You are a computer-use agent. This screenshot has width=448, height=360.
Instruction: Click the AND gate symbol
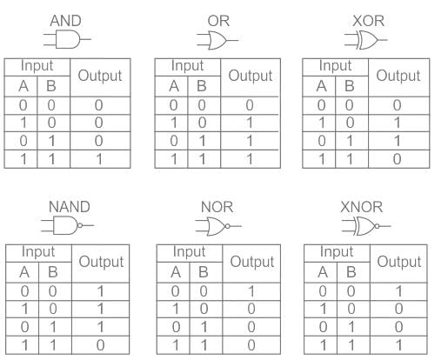coord(67,39)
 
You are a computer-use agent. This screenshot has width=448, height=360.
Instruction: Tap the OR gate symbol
coord(217,40)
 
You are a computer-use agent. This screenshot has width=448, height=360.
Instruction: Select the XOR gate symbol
coord(366,40)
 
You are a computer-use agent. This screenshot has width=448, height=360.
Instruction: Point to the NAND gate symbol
coord(67,225)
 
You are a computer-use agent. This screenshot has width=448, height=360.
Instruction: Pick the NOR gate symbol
coord(218,226)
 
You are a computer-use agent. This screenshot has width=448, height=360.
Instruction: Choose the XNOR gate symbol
coord(366,226)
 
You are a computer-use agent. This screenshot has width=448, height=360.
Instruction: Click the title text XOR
coord(369,21)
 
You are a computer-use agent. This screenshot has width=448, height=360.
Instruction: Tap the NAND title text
coord(70,207)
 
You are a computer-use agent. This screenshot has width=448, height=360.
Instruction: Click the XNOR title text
coord(361,207)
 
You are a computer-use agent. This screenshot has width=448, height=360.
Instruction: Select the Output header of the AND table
coord(100,76)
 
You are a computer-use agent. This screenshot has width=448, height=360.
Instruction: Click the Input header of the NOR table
coord(189,251)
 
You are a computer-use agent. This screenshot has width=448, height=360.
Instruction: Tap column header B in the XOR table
coord(349,86)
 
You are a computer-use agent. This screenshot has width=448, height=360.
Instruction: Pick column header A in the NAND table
coord(24,272)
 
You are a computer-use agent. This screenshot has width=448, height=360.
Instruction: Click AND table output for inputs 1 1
coord(99,159)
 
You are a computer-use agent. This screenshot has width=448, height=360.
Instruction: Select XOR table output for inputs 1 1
coord(397,159)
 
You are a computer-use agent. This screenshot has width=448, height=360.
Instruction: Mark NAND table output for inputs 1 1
coord(100,345)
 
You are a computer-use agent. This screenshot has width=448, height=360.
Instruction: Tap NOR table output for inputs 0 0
coord(251,291)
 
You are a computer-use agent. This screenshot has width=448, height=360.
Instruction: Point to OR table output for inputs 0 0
coord(250,105)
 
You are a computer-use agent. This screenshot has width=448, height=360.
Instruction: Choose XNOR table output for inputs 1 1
coord(399,345)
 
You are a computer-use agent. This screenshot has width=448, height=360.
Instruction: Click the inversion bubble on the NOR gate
coord(228,226)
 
